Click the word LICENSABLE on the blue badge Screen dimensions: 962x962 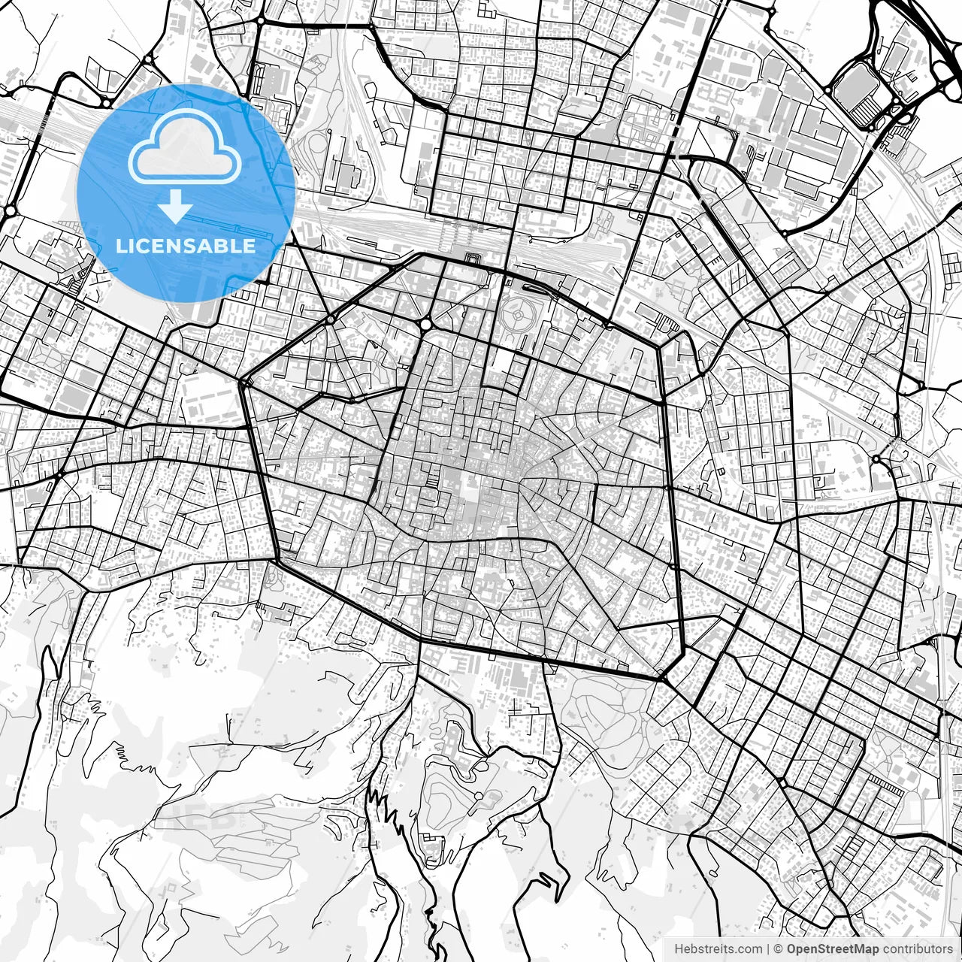click(x=185, y=246)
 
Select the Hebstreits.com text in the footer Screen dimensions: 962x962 click(x=718, y=949)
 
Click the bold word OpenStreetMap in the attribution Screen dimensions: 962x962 click(x=833, y=949)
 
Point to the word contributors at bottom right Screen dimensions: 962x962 click(x=918, y=949)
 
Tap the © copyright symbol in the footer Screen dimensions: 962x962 click(x=779, y=949)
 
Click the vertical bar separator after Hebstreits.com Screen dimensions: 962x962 click(x=768, y=949)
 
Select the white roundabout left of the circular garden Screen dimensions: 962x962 click(x=426, y=325)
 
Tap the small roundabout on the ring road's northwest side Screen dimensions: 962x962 click(x=330, y=319)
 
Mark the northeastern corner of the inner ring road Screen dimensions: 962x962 click(x=659, y=346)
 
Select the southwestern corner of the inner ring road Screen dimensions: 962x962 click(x=277, y=559)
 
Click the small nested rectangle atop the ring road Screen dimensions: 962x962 click(x=473, y=260)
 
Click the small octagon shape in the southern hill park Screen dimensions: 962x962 click(x=477, y=795)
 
